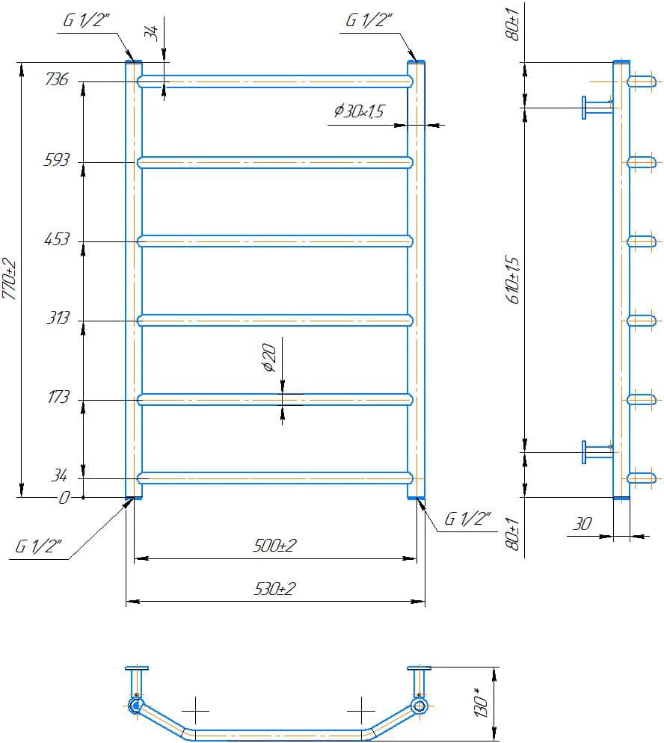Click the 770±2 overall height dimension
(x=9, y=278)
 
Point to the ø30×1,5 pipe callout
(x=358, y=111)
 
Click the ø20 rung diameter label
(x=271, y=357)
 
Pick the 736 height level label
(x=57, y=79)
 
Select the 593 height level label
(x=57, y=160)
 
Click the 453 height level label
(x=57, y=239)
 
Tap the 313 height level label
(x=57, y=318)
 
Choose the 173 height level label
(x=57, y=398)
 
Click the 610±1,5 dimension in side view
(x=512, y=278)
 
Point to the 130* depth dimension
(x=483, y=703)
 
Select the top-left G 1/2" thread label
(x=87, y=22)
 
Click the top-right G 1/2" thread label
(x=369, y=22)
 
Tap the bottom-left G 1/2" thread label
(x=40, y=547)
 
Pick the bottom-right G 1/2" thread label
(x=468, y=519)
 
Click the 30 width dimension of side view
(x=581, y=525)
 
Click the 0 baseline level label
(x=64, y=498)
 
